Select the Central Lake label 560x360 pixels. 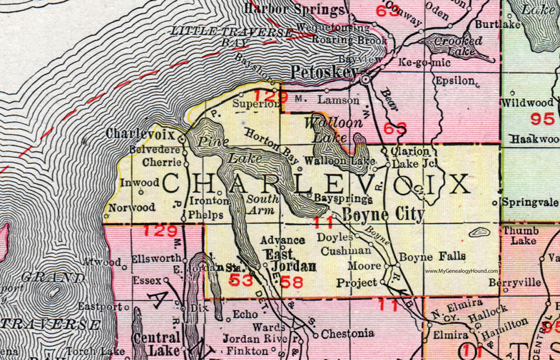click(166, 345)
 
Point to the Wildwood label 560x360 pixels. click(530, 103)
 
